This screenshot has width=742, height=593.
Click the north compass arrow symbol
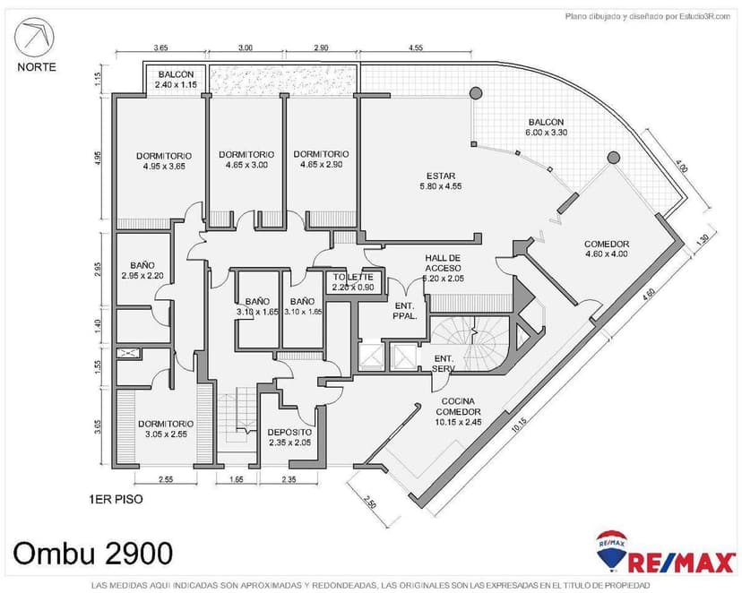coord(35,37)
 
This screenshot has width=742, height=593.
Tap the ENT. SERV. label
coord(444,363)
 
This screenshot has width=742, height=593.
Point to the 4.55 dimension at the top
coord(415,47)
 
